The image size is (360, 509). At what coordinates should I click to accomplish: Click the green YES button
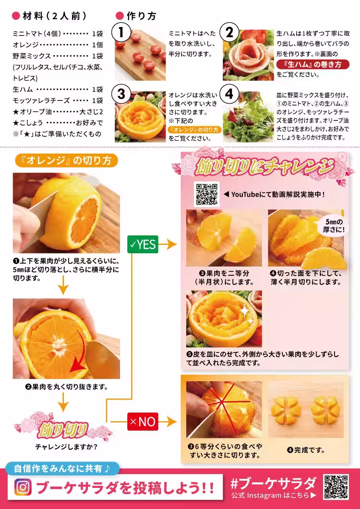(x=143, y=244)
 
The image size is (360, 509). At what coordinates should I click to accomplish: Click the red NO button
(x=143, y=421)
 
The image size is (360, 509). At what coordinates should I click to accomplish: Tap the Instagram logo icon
(x=23, y=487)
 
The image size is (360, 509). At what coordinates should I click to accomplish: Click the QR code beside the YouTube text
(x=207, y=194)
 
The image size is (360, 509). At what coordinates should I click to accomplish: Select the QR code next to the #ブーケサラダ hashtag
(x=336, y=487)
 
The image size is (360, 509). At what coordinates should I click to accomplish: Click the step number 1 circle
(x=121, y=33)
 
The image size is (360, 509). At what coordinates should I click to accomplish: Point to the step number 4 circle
(x=229, y=94)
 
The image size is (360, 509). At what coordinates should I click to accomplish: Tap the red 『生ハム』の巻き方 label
(x=313, y=64)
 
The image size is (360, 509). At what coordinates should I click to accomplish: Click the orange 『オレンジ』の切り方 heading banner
(x=66, y=160)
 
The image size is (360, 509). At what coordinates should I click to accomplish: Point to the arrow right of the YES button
(x=168, y=244)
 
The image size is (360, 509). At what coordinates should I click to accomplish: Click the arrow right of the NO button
(x=168, y=422)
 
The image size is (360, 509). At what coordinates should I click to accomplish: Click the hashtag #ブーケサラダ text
(x=273, y=484)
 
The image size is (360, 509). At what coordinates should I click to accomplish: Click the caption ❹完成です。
(x=305, y=450)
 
